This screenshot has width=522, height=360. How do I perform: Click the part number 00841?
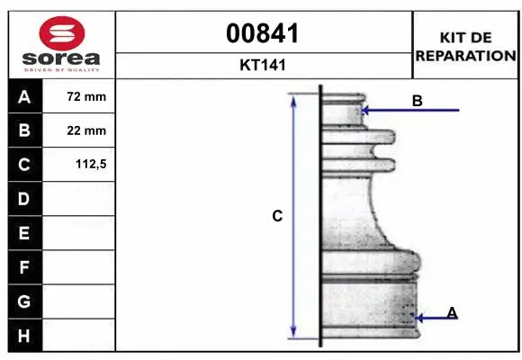(x=264, y=34)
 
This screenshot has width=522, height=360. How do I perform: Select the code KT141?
(x=264, y=65)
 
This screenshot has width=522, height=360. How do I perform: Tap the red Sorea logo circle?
(x=63, y=33)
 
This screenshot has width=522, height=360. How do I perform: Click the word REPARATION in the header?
(x=465, y=56)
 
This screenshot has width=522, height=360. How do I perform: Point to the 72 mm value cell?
(x=86, y=96)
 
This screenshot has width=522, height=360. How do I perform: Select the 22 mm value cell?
(x=86, y=130)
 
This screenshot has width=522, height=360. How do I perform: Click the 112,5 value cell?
(x=86, y=165)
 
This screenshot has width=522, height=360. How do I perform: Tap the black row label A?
(x=24, y=96)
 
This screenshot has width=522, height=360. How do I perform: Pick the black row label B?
(x=24, y=130)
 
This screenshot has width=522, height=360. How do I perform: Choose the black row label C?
(x=24, y=165)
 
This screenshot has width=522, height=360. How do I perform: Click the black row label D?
(x=24, y=199)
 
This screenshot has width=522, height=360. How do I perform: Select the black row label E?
(x=24, y=233)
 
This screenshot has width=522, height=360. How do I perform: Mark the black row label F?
(x=24, y=267)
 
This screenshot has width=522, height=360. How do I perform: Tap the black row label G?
(x=24, y=301)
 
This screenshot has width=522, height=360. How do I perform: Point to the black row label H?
(x=24, y=336)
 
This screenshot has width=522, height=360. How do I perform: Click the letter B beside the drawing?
(x=417, y=102)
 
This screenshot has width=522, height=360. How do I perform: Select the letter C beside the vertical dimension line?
(x=277, y=216)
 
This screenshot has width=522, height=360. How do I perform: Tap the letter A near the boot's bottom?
(x=452, y=312)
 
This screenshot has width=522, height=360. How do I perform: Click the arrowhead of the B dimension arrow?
(x=364, y=111)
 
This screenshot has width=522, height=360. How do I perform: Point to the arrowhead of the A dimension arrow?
(x=418, y=318)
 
